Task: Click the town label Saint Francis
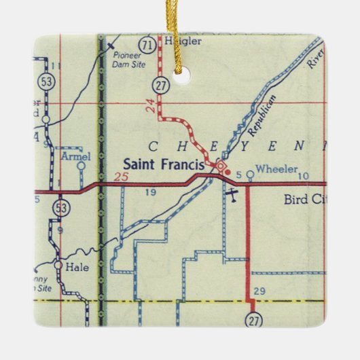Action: pos(166,164)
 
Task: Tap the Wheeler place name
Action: pos(276,169)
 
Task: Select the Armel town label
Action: pos(75,156)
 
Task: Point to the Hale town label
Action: pos(78,267)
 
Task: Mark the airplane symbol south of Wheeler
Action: pos(231,196)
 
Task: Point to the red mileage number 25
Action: pos(121,177)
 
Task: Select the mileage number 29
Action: pos(259,291)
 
